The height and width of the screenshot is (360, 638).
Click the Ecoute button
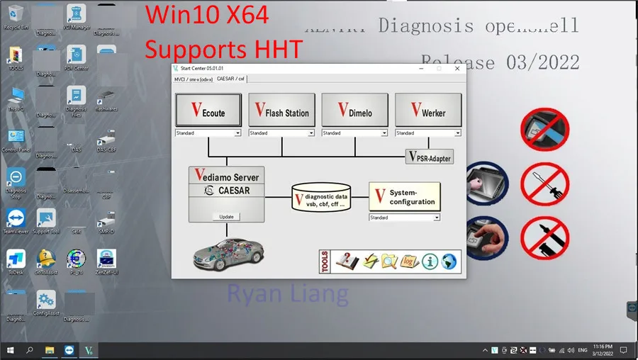(x=208, y=111)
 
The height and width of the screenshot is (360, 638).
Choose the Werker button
(x=427, y=111)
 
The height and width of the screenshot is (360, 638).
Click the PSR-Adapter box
(x=430, y=157)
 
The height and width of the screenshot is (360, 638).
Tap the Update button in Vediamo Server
(x=226, y=216)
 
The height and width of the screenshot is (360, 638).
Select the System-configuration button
(x=405, y=196)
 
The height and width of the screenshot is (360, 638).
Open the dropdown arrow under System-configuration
(x=437, y=218)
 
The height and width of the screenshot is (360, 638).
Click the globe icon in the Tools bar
(x=449, y=261)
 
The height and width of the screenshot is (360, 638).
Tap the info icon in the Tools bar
(x=430, y=261)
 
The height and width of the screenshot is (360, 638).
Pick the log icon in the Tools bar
(x=410, y=261)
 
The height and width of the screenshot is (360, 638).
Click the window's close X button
(x=457, y=68)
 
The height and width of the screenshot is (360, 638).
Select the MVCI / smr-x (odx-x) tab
(x=194, y=79)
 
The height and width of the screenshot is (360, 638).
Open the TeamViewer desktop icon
(x=16, y=220)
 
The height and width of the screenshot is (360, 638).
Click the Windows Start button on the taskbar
(x=10, y=350)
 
